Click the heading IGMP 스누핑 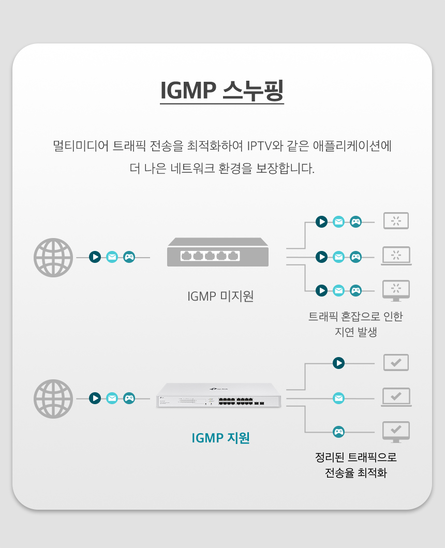222,91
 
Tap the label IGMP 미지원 220,296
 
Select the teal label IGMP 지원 220,438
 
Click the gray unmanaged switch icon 218,252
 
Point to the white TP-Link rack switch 218,395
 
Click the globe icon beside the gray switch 53,258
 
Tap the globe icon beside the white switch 53,399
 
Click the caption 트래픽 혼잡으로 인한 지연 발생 355,324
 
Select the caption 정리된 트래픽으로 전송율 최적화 356,465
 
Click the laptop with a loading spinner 396,256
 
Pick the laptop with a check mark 396,397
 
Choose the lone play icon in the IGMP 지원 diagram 338,363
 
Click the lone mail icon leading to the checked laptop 338,398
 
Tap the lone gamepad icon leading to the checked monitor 338,432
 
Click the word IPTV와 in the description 265,145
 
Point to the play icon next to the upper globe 95,257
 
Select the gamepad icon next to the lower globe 129,398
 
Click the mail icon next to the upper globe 112,257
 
